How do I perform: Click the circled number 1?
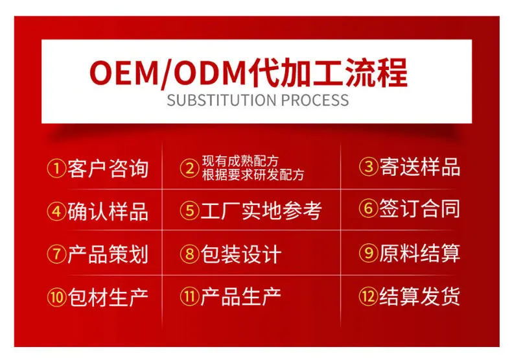(56, 169)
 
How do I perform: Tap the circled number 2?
(189, 169)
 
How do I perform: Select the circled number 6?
(369, 208)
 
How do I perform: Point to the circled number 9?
(369, 253)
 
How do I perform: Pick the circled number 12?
(369, 296)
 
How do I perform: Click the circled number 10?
(56, 297)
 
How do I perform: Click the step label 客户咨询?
(108, 169)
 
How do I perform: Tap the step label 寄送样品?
(420, 167)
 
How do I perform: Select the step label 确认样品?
(108, 211)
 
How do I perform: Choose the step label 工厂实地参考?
(261, 210)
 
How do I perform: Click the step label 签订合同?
(420, 208)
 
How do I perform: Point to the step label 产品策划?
(108, 254)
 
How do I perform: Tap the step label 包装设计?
(241, 254)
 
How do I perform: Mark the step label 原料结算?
(420, 253)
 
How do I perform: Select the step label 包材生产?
(108, 297)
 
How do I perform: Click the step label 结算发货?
(420, 296)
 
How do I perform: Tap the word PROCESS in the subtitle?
(315, 100)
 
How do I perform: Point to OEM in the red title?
(124, 73)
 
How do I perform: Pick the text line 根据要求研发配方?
(253, 175)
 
